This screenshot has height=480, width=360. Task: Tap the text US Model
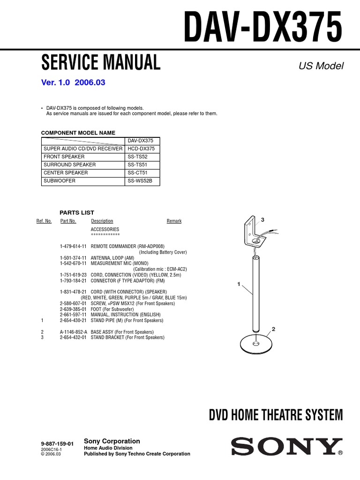click(x=321, y=66)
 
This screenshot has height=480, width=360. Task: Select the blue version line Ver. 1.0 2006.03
click(x=74, y=82)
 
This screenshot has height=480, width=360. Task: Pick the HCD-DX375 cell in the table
click(x=141, y=149)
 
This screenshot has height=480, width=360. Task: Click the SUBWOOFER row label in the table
click(x=59, y=180)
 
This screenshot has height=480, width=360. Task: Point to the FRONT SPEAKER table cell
click(x=64, y=157)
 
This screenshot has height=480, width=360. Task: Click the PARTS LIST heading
click(x=77, y=212)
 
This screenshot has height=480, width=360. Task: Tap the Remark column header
click(x=174, y=221)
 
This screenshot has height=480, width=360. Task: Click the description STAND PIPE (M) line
click(x=127, y=321)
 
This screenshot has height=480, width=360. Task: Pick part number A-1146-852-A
click(x=73, y=332)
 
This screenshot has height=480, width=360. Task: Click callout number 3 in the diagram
click(x=263, y=220)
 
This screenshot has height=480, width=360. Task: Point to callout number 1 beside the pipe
click(x=239, y=284)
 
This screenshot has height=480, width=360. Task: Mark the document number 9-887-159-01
click(x=58, y=443)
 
